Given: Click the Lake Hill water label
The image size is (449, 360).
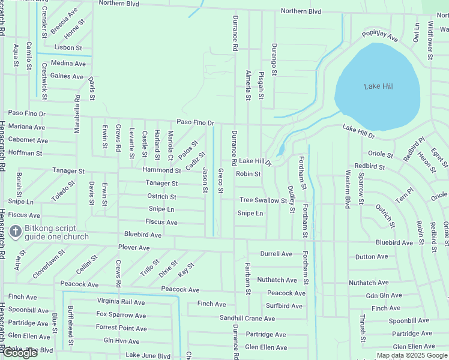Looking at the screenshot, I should (379, 86).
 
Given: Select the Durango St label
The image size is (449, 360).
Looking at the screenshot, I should (274, 59).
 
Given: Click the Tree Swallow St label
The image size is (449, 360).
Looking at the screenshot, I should (264, 200).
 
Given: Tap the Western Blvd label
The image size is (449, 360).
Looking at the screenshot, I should (348, 189).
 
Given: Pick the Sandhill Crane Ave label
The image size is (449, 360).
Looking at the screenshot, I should (247, 317).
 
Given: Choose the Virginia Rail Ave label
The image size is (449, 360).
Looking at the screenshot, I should (121, 302).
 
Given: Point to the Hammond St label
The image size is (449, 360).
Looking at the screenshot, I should (161, 170).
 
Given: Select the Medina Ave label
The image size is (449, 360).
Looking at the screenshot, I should (68, 63).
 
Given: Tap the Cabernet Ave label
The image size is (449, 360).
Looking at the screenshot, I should (28, 140).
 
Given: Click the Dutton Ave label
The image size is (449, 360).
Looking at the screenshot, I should (372, 256).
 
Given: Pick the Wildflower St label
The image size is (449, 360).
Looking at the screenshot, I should (430, 41).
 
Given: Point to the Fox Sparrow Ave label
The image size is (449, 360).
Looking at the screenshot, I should (121, 315).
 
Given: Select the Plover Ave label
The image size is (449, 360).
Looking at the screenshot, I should (134, 247).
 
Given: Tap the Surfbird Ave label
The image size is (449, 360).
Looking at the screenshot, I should (285, 305).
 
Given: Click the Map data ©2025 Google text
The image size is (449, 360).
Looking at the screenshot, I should (412, 355).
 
